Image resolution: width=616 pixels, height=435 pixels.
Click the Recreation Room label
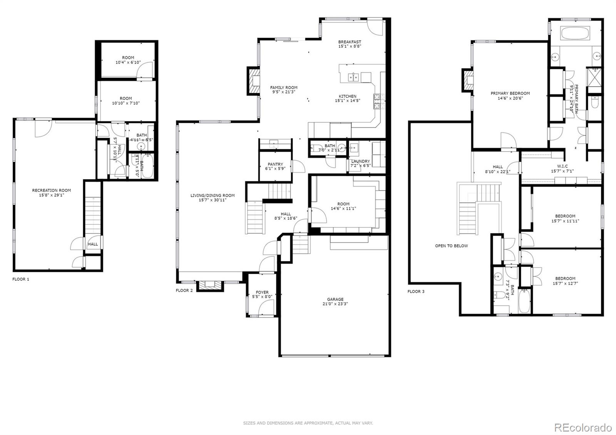coord(51,190)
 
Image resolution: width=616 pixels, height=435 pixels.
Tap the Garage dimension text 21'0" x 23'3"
coord(335,304)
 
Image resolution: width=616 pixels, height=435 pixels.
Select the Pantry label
coord(275,164)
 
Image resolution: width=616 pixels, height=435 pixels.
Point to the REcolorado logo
coord(583,427)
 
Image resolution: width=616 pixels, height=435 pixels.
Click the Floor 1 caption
coord(21,279)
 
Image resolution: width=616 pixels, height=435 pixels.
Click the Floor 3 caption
coord(416,291)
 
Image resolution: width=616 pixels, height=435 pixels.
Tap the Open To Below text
coord(451,246)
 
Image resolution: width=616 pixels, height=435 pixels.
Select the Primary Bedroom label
coord(510,93)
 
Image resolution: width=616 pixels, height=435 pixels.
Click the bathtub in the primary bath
coord(575,33)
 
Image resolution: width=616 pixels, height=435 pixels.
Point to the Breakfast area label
coord(350,42)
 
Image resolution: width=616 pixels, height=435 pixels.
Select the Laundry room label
coord(360,161)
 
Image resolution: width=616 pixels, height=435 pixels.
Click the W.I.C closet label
coord(562,166)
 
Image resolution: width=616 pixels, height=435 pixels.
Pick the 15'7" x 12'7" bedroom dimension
coord(565,283)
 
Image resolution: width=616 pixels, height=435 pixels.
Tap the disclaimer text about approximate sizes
coord(308,423)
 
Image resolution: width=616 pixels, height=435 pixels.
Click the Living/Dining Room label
coord(213,195)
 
